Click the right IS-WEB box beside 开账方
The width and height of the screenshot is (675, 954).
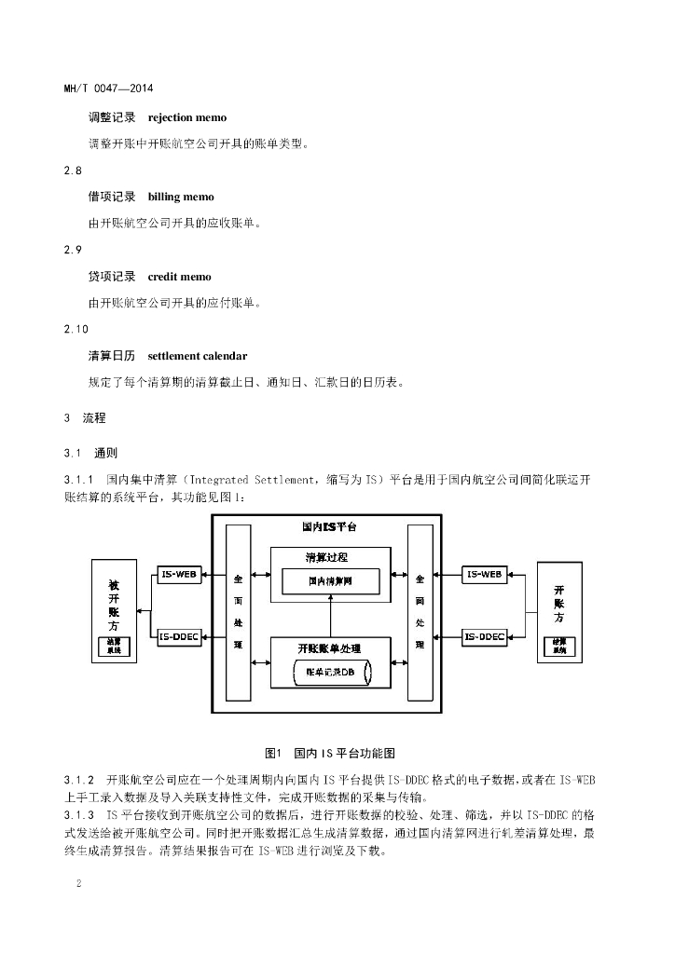[486, 574]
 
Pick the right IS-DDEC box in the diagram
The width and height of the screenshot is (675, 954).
[486, 637]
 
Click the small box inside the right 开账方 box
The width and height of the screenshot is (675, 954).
[559, 646]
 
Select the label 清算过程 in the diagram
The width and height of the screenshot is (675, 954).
[329, 557]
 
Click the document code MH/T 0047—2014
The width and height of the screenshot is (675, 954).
[108, 89]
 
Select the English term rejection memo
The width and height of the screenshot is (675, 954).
[186, 117]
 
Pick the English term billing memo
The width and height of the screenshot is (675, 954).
[181, 197]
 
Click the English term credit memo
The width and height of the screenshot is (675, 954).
[179, 277]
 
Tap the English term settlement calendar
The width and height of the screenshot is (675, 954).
[198, 356]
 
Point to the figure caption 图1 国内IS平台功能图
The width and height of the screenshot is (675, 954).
[331, 752]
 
